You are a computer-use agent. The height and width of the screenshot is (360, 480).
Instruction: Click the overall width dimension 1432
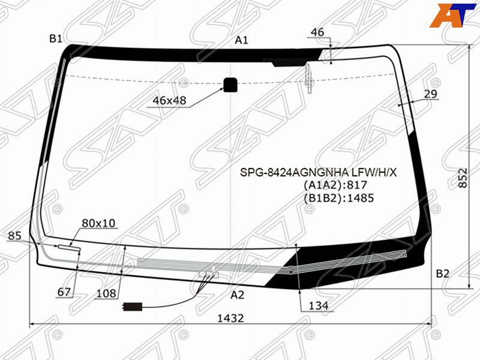pyautogui.click(x=230, y=319)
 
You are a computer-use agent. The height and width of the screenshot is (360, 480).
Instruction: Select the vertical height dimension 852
pyautogui.click(x=463, y=178)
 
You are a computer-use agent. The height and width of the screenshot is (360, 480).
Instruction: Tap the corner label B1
pyautogui.click(x=56, y=38)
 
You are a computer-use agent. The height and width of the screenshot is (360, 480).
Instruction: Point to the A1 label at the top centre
pyautogui.click(x=241, y=40)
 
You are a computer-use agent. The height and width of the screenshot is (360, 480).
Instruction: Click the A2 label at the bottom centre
pyautogui.click(x=237, y=295)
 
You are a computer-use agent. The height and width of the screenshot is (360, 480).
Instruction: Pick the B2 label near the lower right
pyautogui.click(x=442, y=274)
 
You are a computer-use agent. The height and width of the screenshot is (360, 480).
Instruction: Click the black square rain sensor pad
pyautogui.click(x=230, y=85)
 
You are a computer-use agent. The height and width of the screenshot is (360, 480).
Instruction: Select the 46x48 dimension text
pyautogui.click(x=169, y=100)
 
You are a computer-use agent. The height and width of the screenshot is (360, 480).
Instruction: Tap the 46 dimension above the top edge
pyautogui.click(x=317, y=32)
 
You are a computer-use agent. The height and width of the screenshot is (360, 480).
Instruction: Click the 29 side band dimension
pyautogui.click(x=430, y=94)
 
